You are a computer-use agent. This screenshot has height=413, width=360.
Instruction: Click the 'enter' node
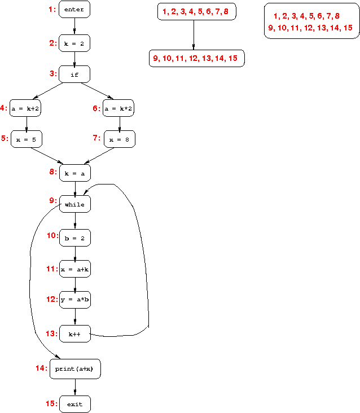click(x=74, y=10)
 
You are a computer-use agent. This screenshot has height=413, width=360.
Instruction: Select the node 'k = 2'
click(x=74, y=43)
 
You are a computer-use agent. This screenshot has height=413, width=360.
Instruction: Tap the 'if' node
click(x=74, y=74)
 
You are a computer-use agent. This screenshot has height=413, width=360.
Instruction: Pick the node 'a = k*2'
click(x=119, y=108)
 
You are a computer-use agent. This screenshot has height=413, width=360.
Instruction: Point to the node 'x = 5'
click(x=26, y=139)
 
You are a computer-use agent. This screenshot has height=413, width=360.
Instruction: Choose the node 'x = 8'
click(x=119, y=139)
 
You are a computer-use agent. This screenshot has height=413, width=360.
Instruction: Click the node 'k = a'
click(x=74, y=173)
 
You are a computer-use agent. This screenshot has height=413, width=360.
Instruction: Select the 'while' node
click(x=74, y=204)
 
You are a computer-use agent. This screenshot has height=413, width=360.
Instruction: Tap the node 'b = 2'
click(x=74, y=238)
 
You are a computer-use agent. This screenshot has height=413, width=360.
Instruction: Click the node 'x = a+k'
click(x=74, y=270)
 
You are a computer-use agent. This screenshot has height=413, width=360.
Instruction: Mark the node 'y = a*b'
click(x=74, y=300)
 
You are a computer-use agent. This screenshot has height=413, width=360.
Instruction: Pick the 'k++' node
click(x=74, y=334)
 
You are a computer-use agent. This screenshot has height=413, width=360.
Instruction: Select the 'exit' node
click(x=74, y=404)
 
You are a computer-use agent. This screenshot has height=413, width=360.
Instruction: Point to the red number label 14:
click(x=41, y=368)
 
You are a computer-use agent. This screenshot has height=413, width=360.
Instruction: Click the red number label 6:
click(x=96, y=108)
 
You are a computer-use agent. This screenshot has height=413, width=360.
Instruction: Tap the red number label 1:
click(x=52, y=9)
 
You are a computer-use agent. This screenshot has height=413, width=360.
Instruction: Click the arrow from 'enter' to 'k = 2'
click(x=74, y=26)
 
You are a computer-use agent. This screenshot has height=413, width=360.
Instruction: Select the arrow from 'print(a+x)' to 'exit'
click(x=74, y=386)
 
